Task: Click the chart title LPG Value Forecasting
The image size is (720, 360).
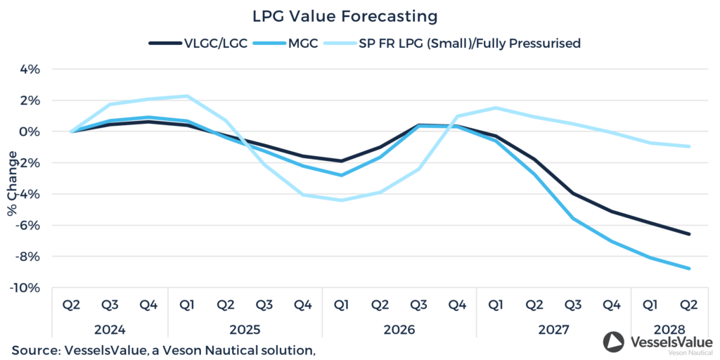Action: click(345, 15)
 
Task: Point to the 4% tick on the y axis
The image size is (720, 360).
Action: click(32, 70)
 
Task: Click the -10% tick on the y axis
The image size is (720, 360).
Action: click(29, 288)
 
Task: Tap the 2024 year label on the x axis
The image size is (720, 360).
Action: click(110, 329)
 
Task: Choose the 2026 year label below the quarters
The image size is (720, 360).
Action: click(400, 329)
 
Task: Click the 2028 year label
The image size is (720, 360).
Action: click(670, 329)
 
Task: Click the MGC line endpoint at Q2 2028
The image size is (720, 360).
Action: click(689, 268)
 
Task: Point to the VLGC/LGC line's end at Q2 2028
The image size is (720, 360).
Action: click(689, 234)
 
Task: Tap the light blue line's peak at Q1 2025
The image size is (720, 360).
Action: click(187, 96)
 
